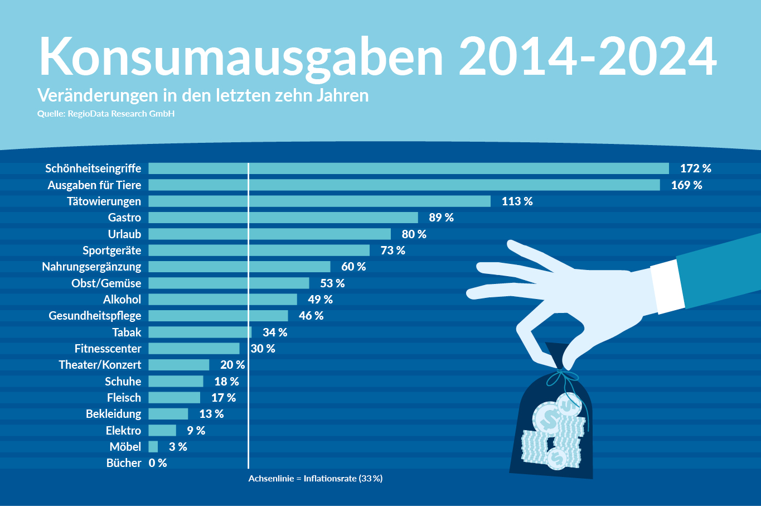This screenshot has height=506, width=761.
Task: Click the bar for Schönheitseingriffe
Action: click(x=409, y=168)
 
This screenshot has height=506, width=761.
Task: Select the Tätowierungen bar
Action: click(x=319, y=201)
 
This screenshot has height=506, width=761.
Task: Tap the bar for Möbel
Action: click(x=153, y=447)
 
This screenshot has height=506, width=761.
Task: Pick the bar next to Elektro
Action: click(x=162, y=431)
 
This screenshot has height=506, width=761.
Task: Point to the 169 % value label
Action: click(x=686, y=185)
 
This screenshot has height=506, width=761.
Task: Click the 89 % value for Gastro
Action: click(x=441, y=218)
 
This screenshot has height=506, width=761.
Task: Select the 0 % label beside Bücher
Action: click(x=158, y=463)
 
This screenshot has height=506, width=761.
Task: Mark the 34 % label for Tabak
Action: click(x=275, y=332)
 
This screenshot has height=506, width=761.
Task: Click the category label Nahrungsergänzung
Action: click(x=91, y=267)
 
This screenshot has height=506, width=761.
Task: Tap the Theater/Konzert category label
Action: click(x=100, y=365)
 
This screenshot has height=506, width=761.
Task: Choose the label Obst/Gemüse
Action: click(x=106, y=283)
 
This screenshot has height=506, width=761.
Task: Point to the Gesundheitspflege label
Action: click(x=95, y=316)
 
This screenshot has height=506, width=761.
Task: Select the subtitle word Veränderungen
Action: click(x=98, y=95)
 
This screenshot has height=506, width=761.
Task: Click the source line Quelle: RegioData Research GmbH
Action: click(x=106, y=114)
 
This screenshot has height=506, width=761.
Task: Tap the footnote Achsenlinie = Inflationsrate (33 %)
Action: click(x=316, y=479)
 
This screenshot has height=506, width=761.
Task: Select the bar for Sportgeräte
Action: click(x=259, y=250)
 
